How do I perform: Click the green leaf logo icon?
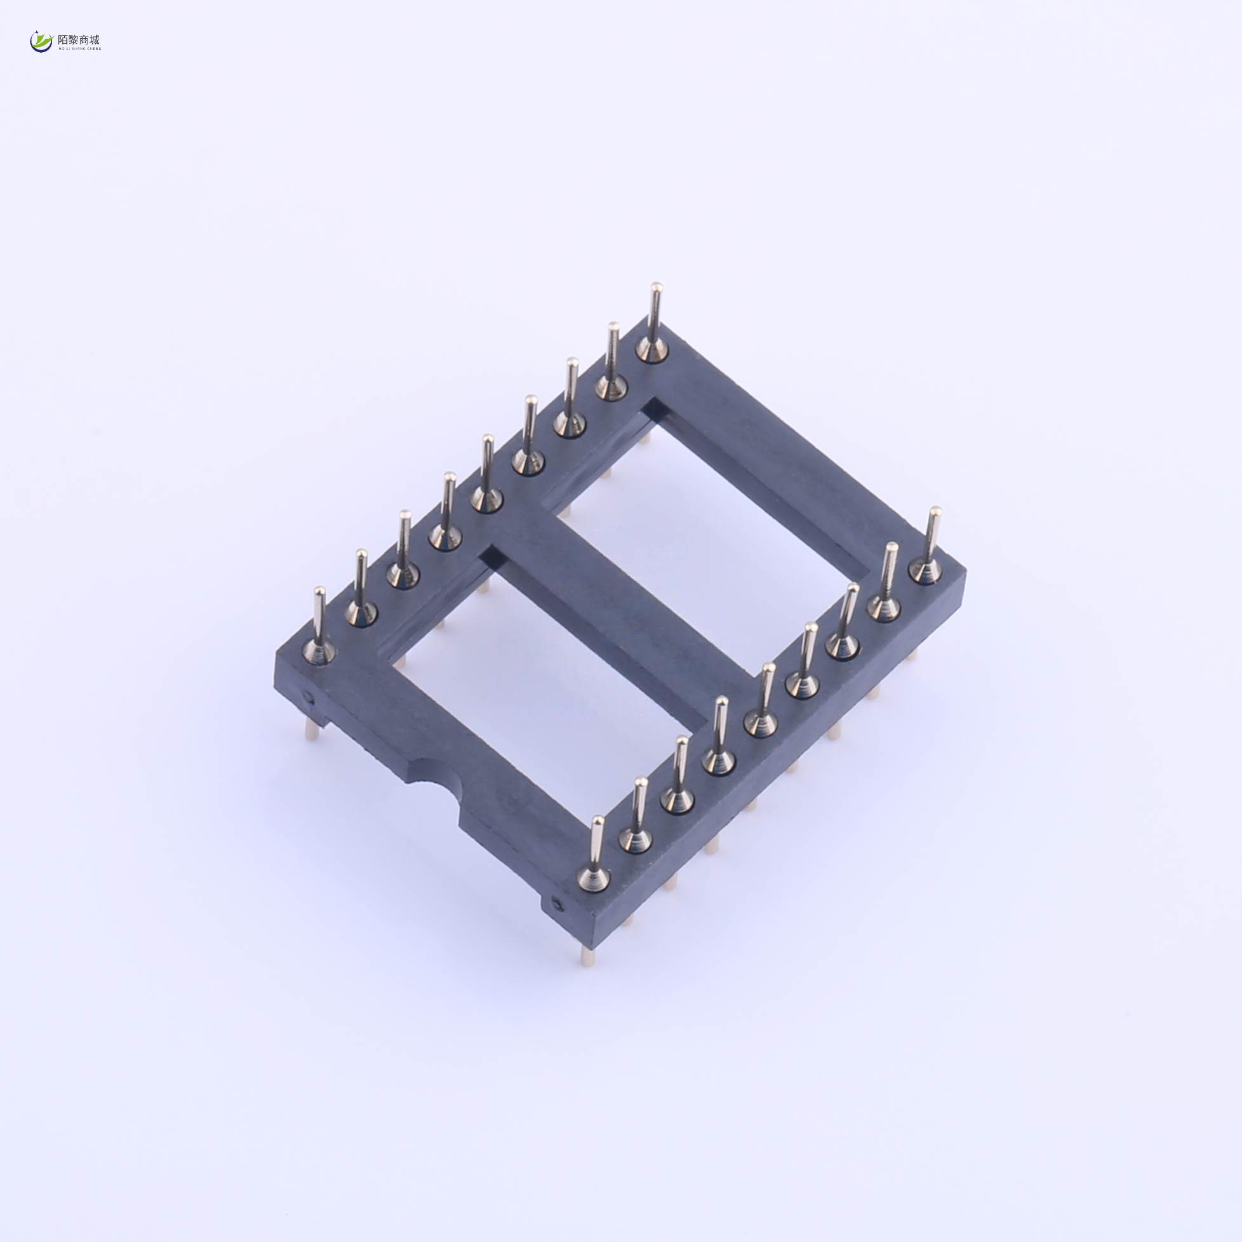(41, 42)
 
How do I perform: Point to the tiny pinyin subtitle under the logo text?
(79, 49)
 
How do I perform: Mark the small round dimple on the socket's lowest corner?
(558, 907)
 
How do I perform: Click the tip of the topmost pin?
(655, 288)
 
